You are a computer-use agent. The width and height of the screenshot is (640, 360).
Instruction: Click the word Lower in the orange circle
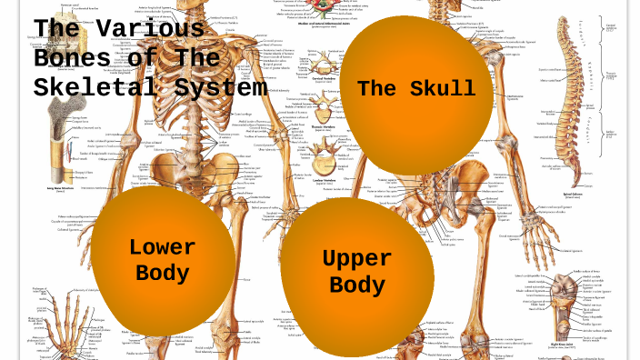[162, 246]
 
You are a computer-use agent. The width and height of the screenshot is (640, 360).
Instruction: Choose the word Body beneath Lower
[162, 273]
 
